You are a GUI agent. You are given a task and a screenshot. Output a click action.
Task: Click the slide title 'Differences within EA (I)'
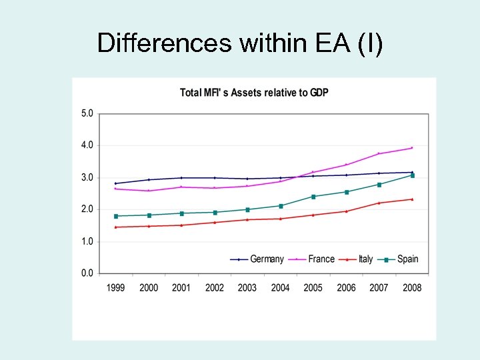240,43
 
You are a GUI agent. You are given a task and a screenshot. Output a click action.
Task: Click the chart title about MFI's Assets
254,92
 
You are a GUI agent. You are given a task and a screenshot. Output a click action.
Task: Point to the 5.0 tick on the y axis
87,113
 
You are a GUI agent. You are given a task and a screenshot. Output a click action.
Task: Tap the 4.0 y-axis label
87,145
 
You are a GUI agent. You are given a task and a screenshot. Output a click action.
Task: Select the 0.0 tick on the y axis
87,273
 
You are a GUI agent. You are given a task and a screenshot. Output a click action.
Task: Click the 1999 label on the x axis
116,287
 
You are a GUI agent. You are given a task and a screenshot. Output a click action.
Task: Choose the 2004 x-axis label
280,287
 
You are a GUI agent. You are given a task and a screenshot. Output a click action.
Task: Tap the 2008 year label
412,287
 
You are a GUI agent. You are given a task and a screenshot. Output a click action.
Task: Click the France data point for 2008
412,148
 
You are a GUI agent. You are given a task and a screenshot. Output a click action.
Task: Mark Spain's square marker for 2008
412,175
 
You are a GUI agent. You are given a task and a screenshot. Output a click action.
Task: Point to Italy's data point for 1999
116,227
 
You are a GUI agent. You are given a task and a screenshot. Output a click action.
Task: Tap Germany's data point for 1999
116,183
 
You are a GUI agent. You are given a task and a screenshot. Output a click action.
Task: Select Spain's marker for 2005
313,197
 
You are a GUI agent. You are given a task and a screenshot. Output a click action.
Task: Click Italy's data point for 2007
379,203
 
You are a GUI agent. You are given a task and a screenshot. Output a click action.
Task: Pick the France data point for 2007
379,154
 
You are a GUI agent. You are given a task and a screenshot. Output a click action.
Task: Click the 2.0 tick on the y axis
87,209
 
